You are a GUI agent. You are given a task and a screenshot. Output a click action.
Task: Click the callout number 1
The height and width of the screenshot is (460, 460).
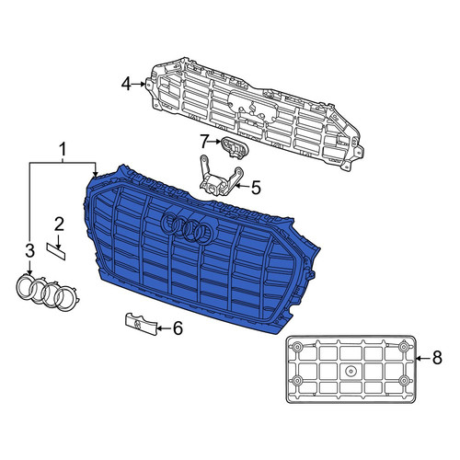click(x=63, y=150)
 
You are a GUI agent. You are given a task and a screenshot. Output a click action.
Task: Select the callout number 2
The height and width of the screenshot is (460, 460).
click(x=59, y=224)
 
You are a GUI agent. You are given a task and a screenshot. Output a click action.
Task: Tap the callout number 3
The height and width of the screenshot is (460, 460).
click(x=29, y=251)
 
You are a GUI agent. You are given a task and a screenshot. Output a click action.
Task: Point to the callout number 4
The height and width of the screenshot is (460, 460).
click(x=126, y=84)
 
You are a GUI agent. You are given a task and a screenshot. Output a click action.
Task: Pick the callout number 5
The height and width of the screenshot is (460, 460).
click(x=256, y=187)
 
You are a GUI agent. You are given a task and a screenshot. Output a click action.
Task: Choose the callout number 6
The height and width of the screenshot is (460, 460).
click(x=178, y=328)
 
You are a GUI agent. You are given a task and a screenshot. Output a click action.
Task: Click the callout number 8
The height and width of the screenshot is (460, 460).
click(x=437, y=358)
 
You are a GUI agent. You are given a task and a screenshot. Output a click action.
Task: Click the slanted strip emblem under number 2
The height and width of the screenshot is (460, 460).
click(x=56, y=251)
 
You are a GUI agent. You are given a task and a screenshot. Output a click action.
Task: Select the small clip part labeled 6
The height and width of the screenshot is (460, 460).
click(x=141, y=324)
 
